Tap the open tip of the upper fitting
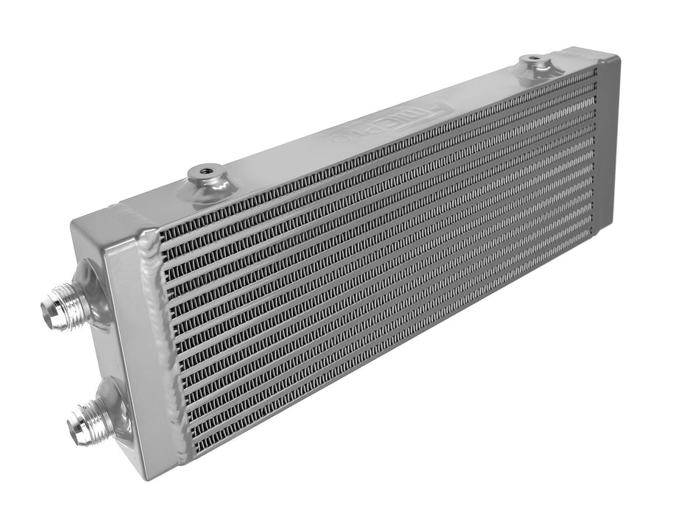49,313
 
